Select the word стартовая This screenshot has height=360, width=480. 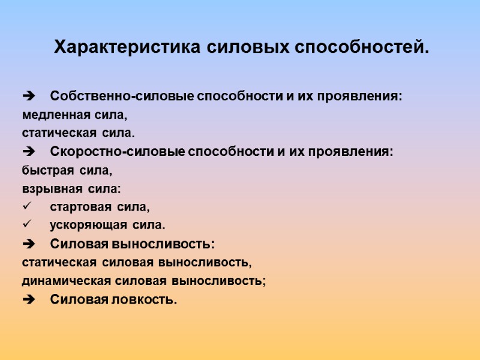pos(80,208)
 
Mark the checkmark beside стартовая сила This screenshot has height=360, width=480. pos(26,207)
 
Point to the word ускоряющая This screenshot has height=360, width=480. pos(88,226)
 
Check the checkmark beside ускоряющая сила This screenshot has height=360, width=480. pos(26,225)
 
